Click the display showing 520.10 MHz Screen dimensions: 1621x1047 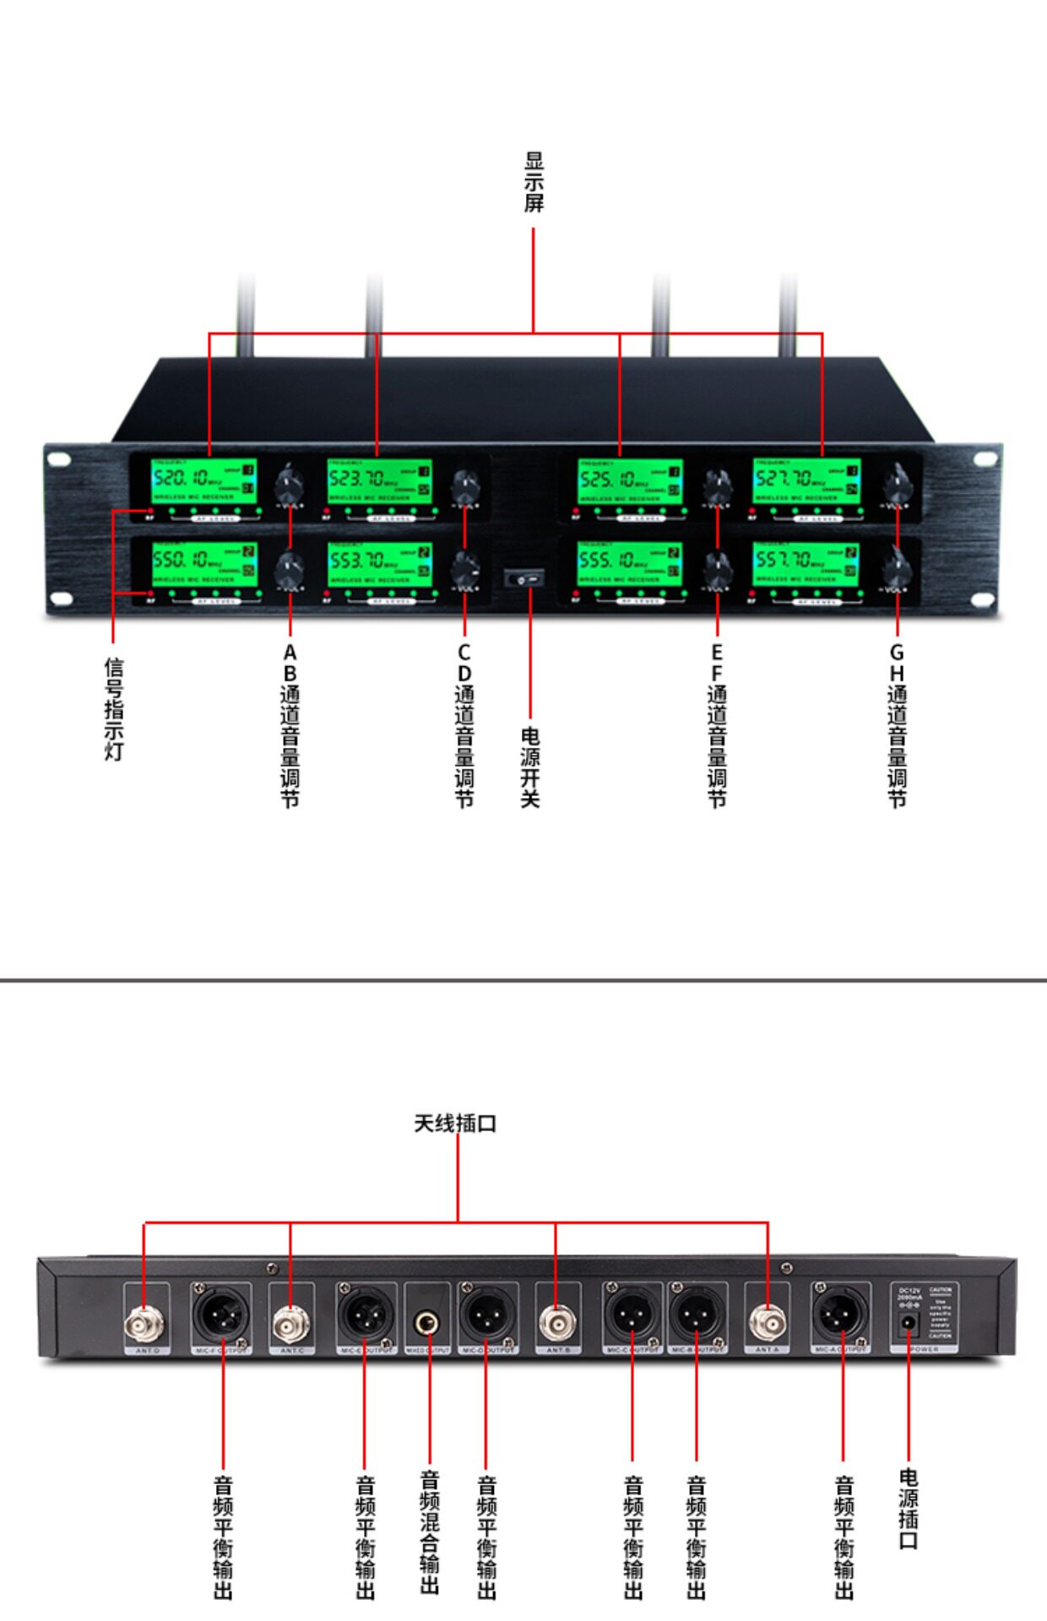click(x=203, y=482)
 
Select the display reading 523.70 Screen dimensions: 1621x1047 click(x=379, y=482)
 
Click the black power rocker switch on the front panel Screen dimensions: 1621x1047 click(x=523, y=579)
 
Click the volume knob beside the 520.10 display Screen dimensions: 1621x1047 click(x=290, y=485)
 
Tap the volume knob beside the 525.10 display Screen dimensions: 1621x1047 click(x=717, y=485)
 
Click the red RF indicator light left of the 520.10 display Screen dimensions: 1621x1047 click(x=149, y=512)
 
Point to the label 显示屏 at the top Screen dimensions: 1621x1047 click(x=534, y=182)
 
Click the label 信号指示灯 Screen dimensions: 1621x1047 click(x=114, y=709)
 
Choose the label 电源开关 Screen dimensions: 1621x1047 click(x=530, y=767)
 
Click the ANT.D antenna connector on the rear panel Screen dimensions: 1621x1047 click(x=144, y=1326)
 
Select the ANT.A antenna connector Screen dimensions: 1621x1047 click(x=767, y=1325)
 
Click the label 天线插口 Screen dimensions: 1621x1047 click(x=455, y=1124)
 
